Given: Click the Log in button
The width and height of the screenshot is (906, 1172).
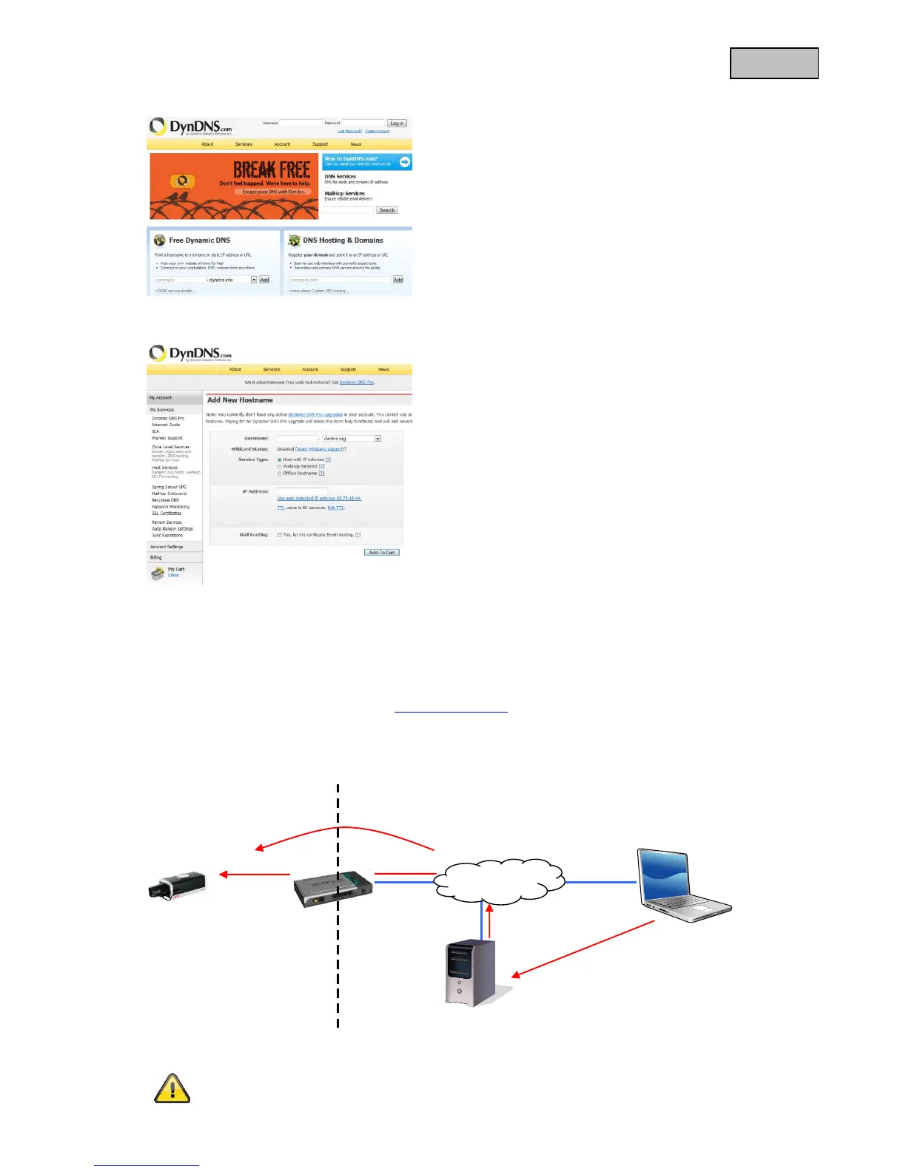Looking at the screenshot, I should click(397, 124).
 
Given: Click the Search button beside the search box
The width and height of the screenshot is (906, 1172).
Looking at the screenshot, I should click(387, 210).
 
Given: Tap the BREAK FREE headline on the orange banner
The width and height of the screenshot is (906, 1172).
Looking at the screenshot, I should click(272, 170).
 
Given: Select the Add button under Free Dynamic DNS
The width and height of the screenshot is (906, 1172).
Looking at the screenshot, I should click(264, 280).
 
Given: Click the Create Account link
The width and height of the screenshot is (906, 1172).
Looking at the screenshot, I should click(377, 131).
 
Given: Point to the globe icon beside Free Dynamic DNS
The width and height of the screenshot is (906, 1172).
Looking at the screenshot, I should click(159, 240).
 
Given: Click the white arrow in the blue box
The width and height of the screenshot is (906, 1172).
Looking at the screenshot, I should click(405, 161).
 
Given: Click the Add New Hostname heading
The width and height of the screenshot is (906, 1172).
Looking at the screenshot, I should click(240, 400).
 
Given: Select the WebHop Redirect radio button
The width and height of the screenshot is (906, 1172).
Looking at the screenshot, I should click(280, 467).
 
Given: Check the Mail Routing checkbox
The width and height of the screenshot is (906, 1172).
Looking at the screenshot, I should click(280, 535).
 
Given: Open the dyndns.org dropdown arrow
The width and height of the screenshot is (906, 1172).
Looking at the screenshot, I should click(377, 439).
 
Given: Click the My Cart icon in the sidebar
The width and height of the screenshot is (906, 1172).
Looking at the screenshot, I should click(157, 572).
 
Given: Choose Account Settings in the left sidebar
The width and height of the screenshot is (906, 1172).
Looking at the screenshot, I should click(167, 547).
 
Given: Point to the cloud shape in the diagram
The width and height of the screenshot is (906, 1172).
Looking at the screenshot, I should click(499, 881).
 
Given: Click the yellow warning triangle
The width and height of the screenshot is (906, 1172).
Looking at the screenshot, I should click(172, 1088).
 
